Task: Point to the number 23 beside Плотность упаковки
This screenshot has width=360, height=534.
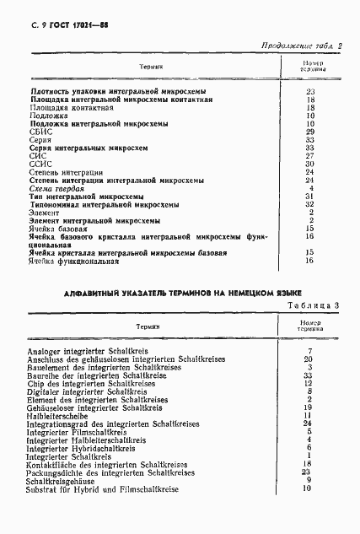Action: pos(310,91)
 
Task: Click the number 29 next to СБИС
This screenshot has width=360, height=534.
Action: pos(310,132)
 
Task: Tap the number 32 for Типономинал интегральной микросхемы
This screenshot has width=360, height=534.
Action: pos(310,203)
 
